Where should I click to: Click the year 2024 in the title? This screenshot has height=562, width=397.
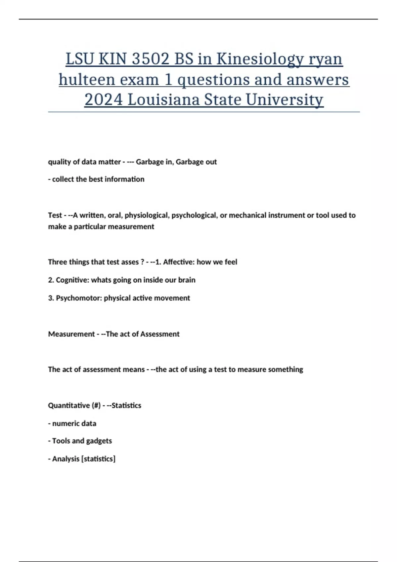[x=103, y=100]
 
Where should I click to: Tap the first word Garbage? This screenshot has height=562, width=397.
[x=150, y=162]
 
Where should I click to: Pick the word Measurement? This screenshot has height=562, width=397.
[x=71, y=334]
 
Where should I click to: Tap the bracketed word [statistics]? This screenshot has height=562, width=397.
[x=98, y=459]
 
